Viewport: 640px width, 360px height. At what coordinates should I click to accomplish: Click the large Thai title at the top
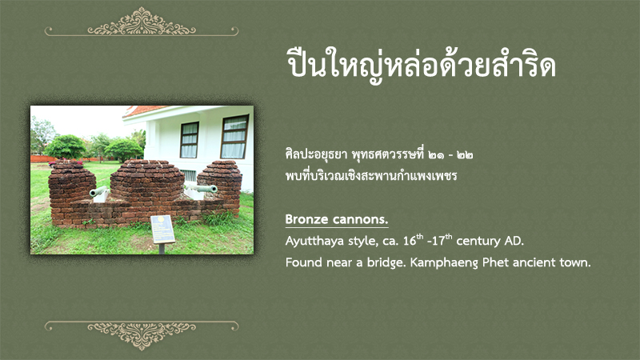click(x=421, y=66)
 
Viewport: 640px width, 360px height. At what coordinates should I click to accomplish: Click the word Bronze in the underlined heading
click(x=307, y=219)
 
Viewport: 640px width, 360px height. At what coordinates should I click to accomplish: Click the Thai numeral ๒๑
click(x=438, y=155)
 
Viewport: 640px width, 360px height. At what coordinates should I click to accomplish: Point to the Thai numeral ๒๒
click(x=465, y=155)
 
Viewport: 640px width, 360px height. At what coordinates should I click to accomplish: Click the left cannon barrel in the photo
click(x=98, y=190)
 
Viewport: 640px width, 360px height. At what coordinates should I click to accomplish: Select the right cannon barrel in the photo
click(x=203, y=188)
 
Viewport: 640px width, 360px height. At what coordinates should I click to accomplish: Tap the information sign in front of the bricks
click(x=163, y=230)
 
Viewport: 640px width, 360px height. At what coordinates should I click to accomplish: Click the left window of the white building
click(x=190, y=139)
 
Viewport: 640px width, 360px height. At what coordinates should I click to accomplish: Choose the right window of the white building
click(x=234, y=137)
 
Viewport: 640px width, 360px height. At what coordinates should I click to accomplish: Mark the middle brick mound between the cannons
click(x=147, y=181)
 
